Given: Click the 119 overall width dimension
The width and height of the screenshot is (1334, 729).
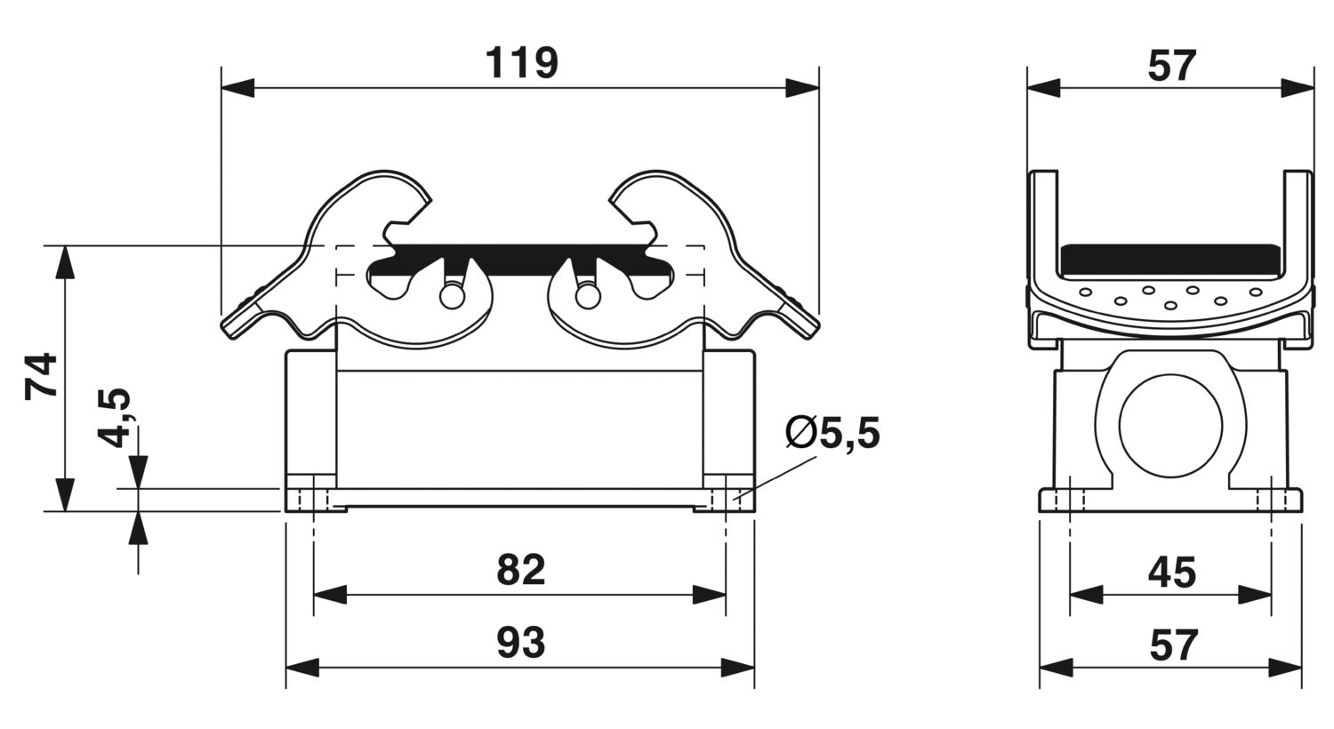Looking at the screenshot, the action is pos(522,63).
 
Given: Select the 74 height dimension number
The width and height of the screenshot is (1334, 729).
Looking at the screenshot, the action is pos(41,377).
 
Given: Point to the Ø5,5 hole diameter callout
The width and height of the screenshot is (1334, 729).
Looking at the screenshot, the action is pos(832,433).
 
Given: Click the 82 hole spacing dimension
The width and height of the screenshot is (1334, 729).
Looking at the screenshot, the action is pos(520,570).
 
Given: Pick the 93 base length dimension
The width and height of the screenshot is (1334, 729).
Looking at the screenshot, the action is pos(520,643).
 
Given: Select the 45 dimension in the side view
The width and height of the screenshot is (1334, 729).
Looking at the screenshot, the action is pos(1171,573).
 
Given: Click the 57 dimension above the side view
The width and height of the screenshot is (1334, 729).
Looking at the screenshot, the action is pos(1171,66).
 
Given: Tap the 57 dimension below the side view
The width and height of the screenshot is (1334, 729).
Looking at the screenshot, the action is pos(1173,645).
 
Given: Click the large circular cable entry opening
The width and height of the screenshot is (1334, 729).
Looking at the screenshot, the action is pos(1170,426).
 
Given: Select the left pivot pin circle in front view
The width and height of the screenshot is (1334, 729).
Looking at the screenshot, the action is pos(452,296).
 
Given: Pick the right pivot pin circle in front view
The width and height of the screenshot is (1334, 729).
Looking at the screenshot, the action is pos(588,296).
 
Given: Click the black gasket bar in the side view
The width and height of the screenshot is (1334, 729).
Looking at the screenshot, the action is pos(1170,262).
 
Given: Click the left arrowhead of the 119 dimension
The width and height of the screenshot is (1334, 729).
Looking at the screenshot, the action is pos(237,88).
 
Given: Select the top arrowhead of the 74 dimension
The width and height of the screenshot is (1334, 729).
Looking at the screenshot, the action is pos(66,261).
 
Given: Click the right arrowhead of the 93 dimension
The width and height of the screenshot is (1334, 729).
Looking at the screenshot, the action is pos(738,668).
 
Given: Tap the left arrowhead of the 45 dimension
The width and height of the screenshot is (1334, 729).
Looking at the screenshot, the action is pos(1087,595).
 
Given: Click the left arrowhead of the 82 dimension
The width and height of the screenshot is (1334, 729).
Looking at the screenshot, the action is pos(330,595).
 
